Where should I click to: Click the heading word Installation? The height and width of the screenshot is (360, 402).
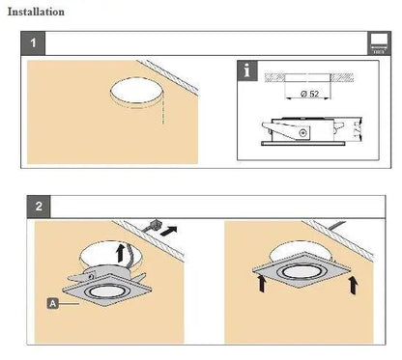point(36,13)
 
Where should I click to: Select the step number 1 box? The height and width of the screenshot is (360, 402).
point(35,43)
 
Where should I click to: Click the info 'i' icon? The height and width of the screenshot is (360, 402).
point(249,70)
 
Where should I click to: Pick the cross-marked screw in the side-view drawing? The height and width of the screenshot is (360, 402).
point(307,132)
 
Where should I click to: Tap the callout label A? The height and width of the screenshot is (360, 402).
point(50,302)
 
